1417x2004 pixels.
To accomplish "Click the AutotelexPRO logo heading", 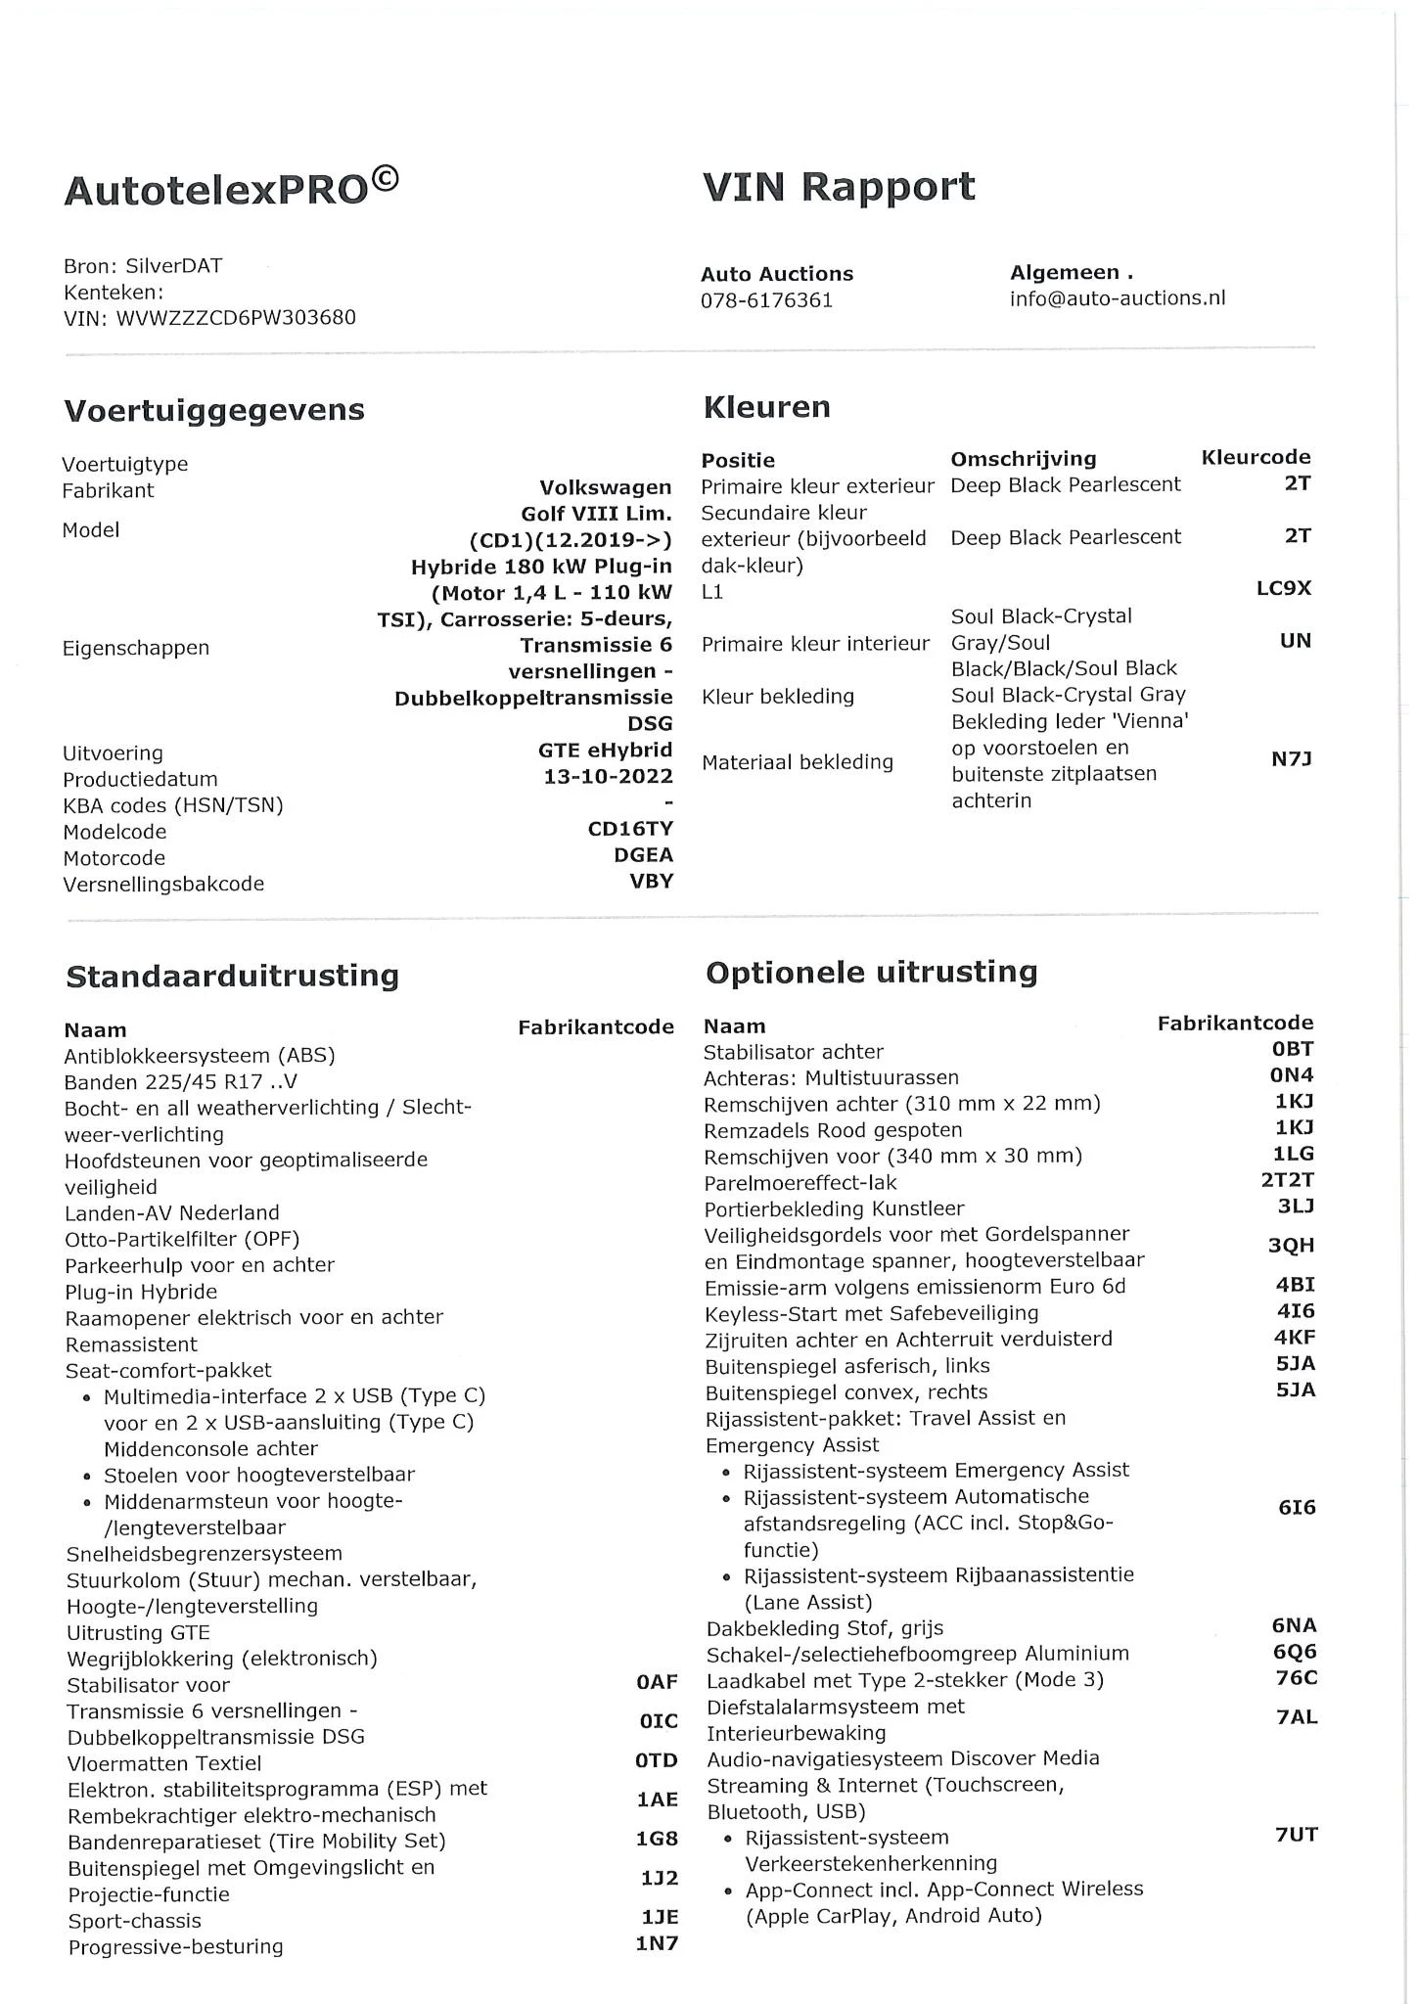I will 231,188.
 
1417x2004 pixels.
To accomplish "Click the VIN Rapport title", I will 839,186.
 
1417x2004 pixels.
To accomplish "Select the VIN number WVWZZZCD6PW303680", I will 236,318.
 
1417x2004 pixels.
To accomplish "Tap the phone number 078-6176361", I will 766,300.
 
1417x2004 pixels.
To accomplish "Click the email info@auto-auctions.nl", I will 1117,298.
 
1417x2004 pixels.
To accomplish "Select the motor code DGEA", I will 643,855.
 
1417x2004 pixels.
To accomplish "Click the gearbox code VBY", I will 651,881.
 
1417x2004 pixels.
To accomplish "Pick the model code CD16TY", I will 630,829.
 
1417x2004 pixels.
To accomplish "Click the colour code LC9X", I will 1283,589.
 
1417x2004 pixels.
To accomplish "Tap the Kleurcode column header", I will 1256,457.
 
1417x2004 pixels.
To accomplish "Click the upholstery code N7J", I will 1291,758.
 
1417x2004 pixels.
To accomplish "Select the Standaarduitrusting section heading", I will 232,976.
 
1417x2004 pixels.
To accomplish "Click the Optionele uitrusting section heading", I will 871,973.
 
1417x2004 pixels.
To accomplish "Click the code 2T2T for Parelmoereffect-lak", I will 1287,1180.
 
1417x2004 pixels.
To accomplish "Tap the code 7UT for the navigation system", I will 1296,1835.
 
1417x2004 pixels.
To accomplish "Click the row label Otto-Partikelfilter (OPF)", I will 182,1239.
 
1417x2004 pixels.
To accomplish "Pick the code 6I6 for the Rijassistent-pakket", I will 1297,1508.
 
